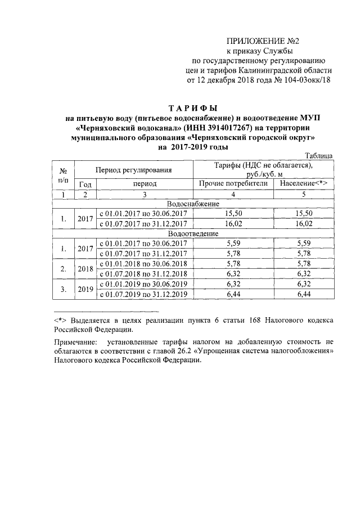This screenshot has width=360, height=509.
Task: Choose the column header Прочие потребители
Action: pos(233,183)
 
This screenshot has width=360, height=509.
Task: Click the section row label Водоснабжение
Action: pos(193,204)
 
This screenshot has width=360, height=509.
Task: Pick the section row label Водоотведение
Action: pos(193,233)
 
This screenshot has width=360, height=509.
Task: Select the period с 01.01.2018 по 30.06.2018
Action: pos(145,263)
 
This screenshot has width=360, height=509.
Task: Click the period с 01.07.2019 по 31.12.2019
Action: pos(145,293)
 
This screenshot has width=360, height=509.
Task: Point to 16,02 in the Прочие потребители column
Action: pos(233,223)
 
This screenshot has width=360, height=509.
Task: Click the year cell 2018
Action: pos(85,268)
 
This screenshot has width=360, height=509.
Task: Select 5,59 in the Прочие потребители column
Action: pos(233,243)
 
